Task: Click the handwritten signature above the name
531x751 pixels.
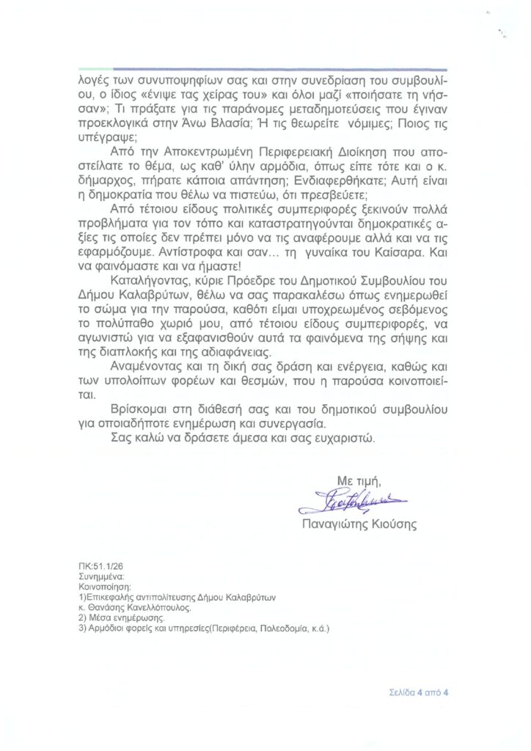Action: pos(353,502)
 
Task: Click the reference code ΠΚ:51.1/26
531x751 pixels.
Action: pos(102,567)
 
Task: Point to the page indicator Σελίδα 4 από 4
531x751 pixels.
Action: pos(419,692)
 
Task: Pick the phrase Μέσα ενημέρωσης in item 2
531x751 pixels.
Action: pos(120,618)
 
